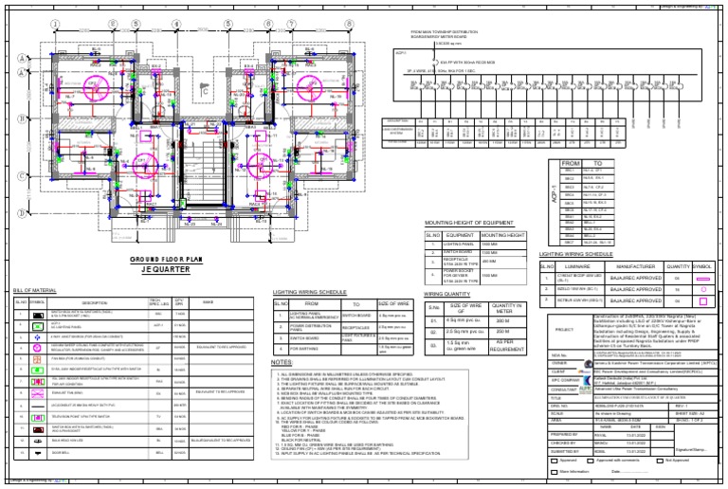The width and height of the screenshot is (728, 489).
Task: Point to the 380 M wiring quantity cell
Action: pyautogui.click(x=502, y=321)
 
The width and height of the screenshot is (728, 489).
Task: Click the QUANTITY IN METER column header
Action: pyautogui.click(x=502, y=306)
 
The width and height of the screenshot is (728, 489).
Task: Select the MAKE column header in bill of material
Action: pyautogui.click(x=221, y=302)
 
